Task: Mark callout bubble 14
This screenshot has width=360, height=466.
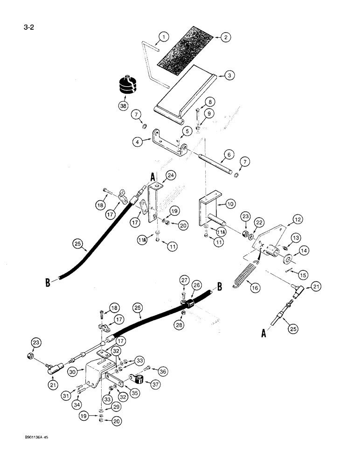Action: [x=301, y=252]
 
